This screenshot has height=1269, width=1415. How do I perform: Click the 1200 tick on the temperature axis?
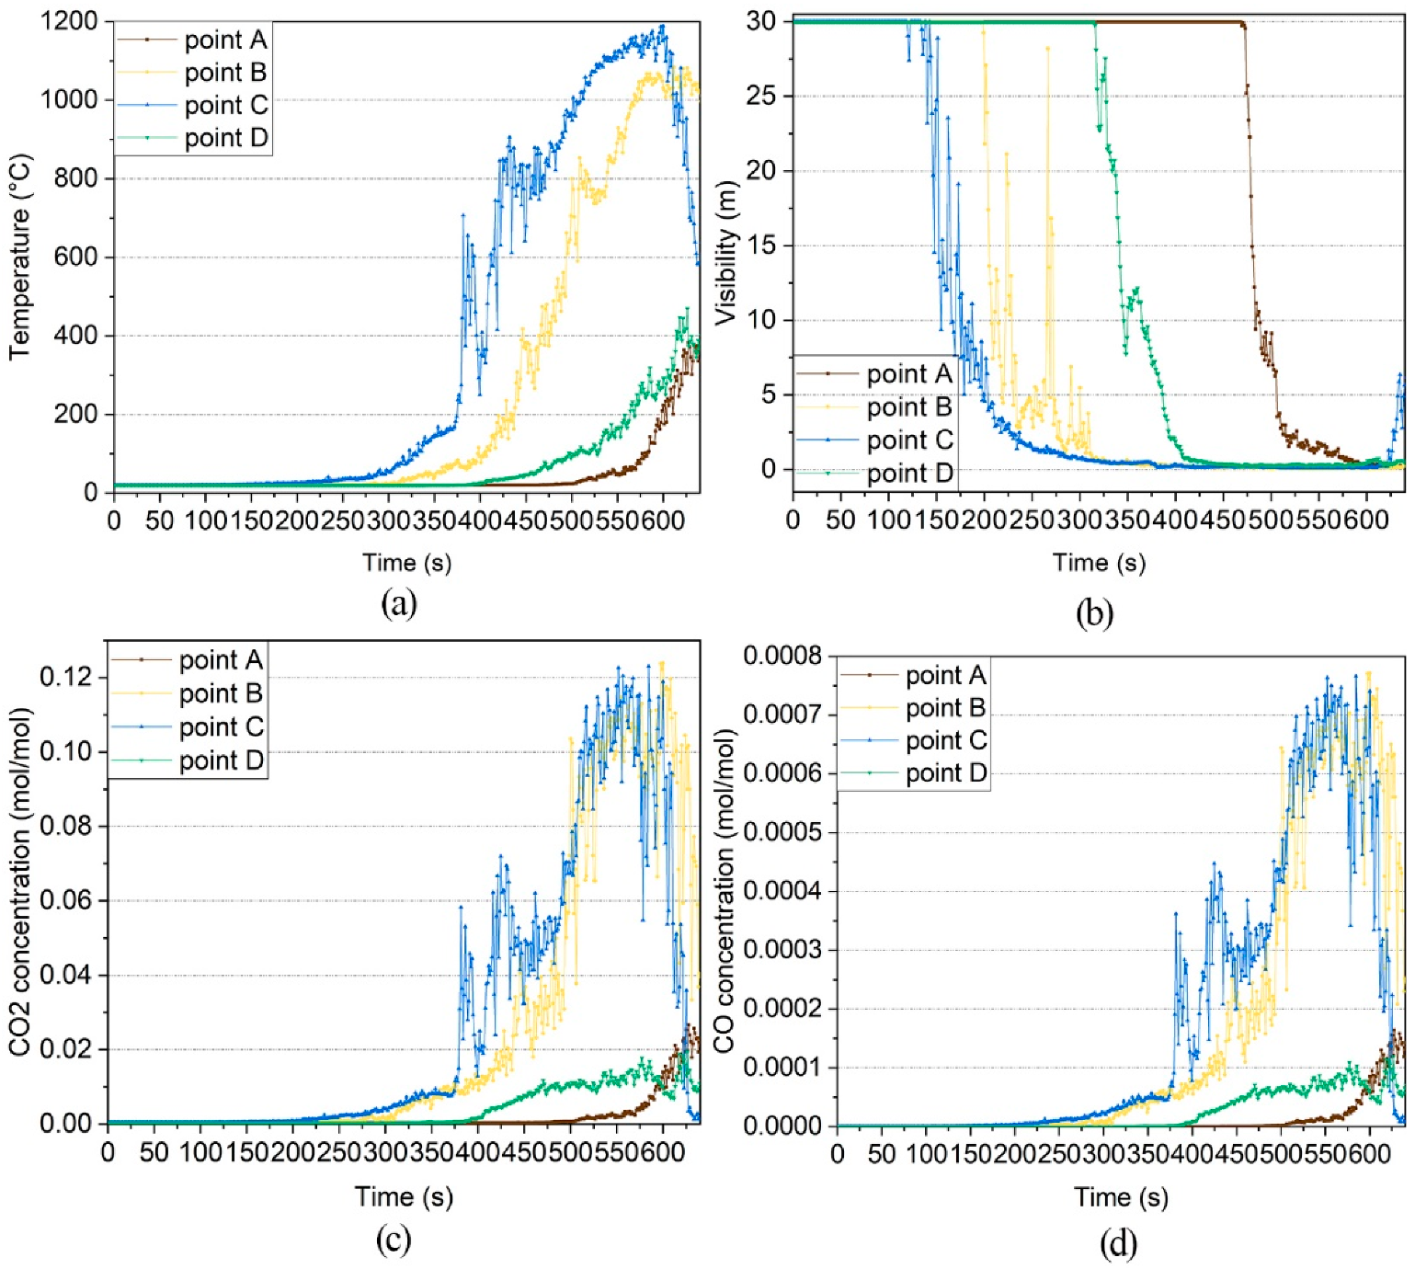[69, 20]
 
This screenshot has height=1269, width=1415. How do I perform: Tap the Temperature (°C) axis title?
[20, 257]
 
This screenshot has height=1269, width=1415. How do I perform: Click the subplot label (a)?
[398, 603]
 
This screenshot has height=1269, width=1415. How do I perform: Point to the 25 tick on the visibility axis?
[761, 96]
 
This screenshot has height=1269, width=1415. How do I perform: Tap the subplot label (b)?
[1094, 612]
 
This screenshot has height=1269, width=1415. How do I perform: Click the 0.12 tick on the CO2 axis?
[66, 677]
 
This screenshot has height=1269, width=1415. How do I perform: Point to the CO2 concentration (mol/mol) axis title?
[20, 881]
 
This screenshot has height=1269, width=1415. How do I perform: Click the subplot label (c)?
[393, 1240]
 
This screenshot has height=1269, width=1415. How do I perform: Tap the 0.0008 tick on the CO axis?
[782, 656]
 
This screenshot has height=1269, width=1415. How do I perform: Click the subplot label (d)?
[1118, 1243]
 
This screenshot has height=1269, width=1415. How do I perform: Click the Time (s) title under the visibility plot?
[1099, 563]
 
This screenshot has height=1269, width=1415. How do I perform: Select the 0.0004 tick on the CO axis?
[782, 891]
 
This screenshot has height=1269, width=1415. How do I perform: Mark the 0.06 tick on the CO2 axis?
[66, 900]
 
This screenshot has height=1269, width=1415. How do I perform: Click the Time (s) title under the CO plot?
[1121, 1197]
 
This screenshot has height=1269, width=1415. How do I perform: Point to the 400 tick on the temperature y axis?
[76, 336]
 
